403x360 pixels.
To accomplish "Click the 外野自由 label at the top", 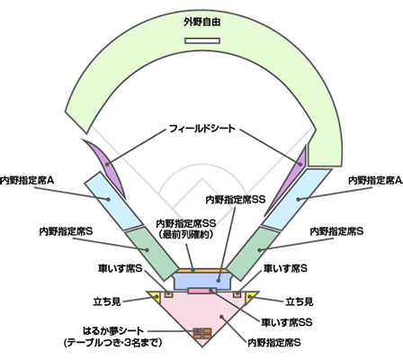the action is (202, 22).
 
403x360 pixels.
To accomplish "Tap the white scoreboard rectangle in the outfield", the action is (202, 40).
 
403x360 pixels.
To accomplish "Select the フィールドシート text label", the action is (202, 129).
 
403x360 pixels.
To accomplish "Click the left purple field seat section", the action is (106, 165).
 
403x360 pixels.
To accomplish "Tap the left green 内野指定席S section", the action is (150, 254).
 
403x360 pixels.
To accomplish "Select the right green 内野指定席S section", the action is (255, 254).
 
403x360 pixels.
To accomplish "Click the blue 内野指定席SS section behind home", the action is (202, 280).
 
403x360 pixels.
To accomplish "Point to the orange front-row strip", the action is (202, 270).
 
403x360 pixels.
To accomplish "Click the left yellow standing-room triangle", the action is (156, 297).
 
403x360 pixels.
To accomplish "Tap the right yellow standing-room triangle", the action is (249, 297).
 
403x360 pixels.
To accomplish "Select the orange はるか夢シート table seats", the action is (202, 333).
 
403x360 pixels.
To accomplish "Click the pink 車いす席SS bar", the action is (202, 291).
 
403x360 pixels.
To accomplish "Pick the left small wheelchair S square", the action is (169, 294).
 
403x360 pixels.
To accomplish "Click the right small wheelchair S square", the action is (237, 294).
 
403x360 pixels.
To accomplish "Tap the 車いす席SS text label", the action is (287, 322).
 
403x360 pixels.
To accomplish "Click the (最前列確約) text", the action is (186, 234).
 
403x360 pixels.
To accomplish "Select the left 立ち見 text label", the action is (107, 301).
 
